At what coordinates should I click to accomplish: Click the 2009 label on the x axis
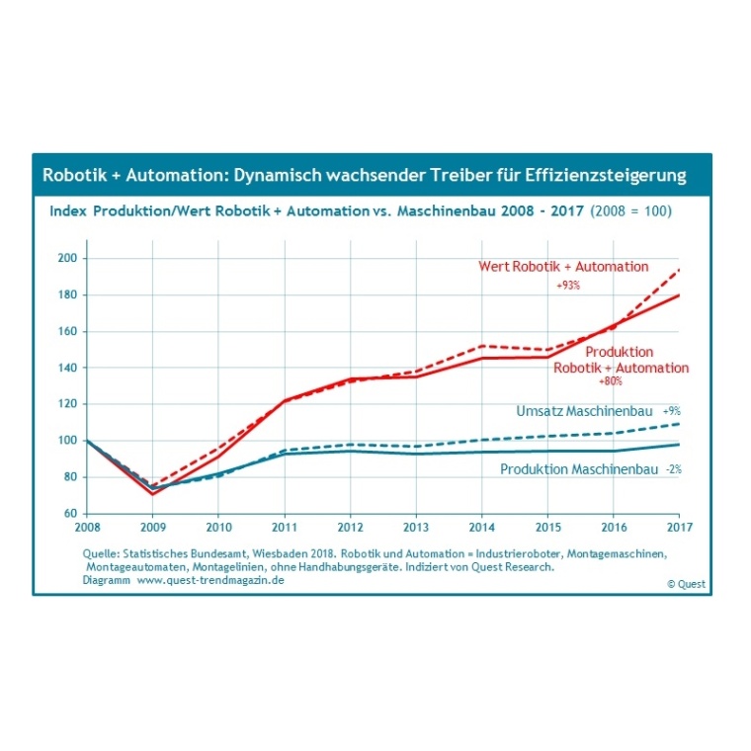(153, 528)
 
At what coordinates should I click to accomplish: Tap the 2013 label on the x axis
(416, 528)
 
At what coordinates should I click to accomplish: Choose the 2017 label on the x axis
(679, 528)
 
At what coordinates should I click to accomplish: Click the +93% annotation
(567, 285)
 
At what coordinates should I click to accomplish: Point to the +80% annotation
(611, 380)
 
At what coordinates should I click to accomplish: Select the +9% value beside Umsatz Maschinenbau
(671, 410)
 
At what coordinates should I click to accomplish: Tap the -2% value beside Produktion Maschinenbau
(673, 469)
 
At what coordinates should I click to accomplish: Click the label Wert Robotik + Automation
(563, 267)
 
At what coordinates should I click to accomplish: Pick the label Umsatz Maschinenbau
(584, 410)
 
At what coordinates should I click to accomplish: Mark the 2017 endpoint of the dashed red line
(679, 270)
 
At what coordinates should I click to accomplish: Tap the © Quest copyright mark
(685, 584)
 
